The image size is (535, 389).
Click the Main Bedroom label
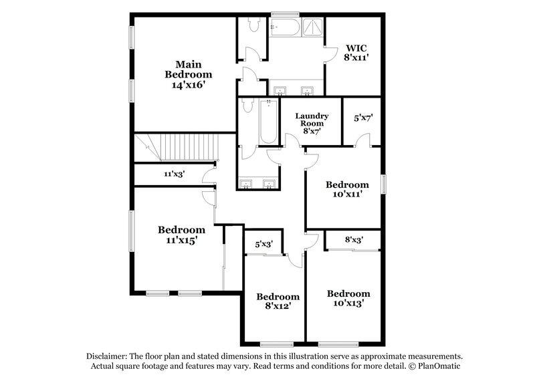tap(189, 74)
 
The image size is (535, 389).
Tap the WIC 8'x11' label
tap(356, 53)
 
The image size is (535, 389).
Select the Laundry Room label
tap(311, 123)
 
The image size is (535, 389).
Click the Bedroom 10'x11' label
tap(347, 189)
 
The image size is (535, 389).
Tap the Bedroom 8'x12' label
tap(278, 301)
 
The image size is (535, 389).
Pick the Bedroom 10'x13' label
tap(348, 297)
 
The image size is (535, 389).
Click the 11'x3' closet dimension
tap(174, 174)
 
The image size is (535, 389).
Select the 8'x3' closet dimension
tap(354, 239)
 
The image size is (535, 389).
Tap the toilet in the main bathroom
tap(253, 25)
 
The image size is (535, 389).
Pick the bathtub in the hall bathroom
tap(268, 122)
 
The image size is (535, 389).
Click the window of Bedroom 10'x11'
tap(385, 184)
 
